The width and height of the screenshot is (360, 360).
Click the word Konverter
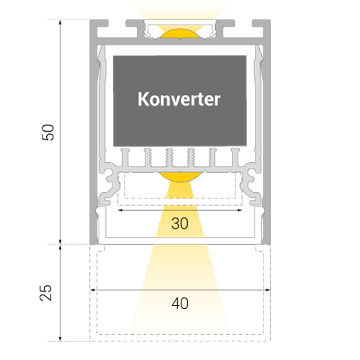pos(179,99)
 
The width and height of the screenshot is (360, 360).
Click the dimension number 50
pos(48,132)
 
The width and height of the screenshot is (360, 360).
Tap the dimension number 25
pos(45,292)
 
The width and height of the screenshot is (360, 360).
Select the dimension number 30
pos(180,223)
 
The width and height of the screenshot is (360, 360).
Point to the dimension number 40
pos(180,303)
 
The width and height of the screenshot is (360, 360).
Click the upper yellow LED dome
pos(180,34)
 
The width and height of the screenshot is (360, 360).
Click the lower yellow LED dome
pos(180,177)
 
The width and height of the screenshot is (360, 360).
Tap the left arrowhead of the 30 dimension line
pos(120,210)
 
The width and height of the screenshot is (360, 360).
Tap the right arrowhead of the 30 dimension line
pos(239,210)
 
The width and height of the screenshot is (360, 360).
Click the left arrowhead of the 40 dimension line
pos(92,290)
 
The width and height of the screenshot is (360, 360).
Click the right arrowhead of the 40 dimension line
pos(268,290)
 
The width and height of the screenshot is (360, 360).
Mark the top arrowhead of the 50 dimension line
pos(60,22)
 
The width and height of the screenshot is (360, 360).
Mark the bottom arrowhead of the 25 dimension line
pos(60,338)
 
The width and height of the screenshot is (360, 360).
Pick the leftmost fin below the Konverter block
pos(125,158)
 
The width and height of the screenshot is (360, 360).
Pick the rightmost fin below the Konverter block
pos(235,158)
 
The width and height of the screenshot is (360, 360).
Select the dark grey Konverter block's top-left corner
pos(113,56)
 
